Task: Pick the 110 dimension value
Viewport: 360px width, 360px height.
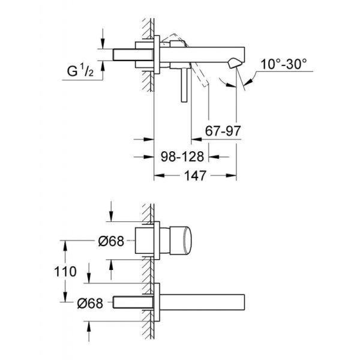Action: click(x=68, y=271)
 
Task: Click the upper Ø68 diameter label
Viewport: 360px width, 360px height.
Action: click(x=110, y=241)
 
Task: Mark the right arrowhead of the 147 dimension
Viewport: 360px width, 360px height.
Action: click(x=232, y=176)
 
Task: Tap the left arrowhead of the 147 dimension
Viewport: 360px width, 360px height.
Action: click(x=159, y=176)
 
